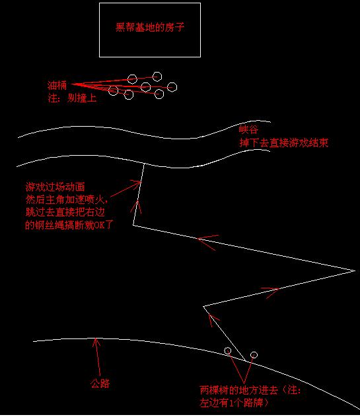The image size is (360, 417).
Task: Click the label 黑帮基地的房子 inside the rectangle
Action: (150, 28)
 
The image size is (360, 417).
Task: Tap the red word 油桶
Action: (57, 85)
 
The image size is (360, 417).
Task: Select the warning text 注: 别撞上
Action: (72, 98)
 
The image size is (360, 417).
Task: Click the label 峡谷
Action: (248, 129)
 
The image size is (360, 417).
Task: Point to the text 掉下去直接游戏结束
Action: (283, 143)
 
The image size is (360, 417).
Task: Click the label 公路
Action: (100, 383)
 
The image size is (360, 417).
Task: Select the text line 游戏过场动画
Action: (55, 187)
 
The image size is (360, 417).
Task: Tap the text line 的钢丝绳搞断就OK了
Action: (69, 225)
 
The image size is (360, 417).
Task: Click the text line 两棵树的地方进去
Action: (239, 390)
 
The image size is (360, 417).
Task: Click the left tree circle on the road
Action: (227, 351)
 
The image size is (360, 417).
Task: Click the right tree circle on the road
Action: (254, 355)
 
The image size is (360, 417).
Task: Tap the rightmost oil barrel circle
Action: (172, 87)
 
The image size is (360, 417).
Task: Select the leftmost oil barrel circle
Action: (113, 90)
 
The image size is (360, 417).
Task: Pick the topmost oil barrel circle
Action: (157, 77)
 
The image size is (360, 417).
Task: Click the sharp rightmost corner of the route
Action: (355, 271)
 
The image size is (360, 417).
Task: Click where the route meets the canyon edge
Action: (144, 164)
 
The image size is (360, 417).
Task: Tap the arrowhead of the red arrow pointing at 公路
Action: (96, 338)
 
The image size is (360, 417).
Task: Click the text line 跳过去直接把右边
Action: (65, 212)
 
